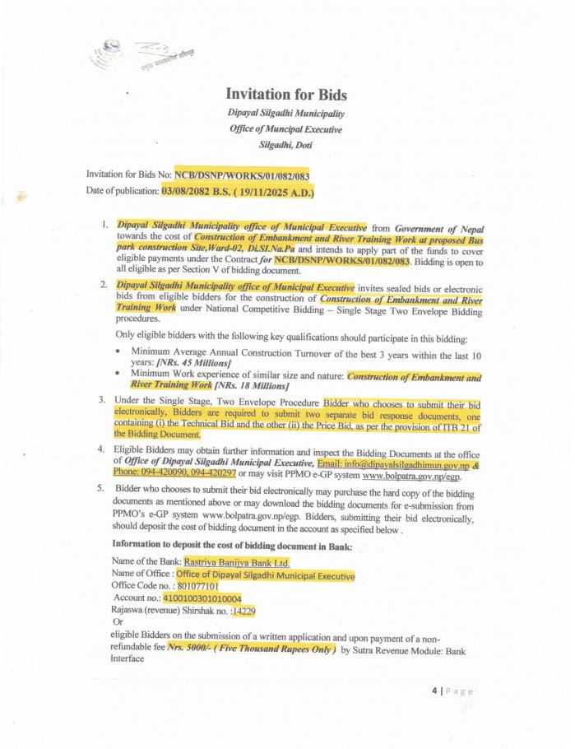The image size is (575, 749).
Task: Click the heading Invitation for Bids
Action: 285,94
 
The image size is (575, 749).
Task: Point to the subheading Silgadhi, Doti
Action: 285,144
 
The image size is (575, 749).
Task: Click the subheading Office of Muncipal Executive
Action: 285,128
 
